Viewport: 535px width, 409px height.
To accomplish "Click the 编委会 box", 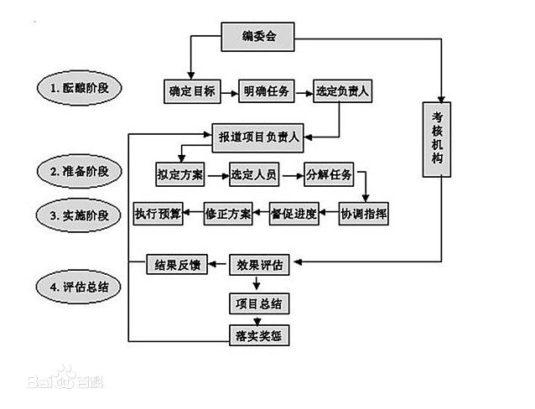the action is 257,37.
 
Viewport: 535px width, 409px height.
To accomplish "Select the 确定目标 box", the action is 192,91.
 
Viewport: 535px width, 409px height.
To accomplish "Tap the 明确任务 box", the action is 266,91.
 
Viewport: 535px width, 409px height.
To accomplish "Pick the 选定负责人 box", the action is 343,91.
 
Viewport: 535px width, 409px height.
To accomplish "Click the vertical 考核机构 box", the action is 437,139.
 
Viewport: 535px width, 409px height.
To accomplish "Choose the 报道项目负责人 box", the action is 257,137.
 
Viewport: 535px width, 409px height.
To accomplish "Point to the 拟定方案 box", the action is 180,174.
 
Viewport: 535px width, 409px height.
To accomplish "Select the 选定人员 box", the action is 254,174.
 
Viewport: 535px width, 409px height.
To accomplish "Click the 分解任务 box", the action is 329,174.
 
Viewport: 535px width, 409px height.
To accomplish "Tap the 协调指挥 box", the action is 363,214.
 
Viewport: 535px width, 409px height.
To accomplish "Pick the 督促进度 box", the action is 294,214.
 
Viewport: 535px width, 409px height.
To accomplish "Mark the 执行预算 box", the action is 158,214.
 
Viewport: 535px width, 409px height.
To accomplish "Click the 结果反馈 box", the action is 177,264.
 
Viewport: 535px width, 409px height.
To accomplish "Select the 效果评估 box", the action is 259,265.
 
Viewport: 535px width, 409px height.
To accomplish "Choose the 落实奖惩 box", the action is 259,335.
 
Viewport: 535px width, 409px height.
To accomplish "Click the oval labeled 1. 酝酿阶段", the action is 80,88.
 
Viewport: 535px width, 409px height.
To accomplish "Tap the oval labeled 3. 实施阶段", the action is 79,215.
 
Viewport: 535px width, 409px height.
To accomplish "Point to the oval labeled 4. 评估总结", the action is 79,287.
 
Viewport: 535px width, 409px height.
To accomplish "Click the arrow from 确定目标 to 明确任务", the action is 230,92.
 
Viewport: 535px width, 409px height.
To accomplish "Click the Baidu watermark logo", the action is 65,378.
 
